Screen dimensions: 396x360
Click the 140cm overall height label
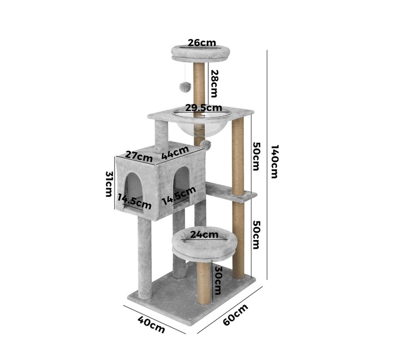coord(274,161)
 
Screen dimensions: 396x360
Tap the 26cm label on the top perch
coord(202,43)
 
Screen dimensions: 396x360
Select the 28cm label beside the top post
coord(214,83)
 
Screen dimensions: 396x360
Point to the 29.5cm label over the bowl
coord(203,107)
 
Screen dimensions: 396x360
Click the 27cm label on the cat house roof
coord(139,157)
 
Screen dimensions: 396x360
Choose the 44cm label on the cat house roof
coord(175,153)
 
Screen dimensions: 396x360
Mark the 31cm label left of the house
coord(109,184)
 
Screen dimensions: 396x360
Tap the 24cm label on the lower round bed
coord(204,235)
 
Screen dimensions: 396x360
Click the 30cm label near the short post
coord(217,280)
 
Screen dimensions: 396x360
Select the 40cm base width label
coord(151,325)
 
